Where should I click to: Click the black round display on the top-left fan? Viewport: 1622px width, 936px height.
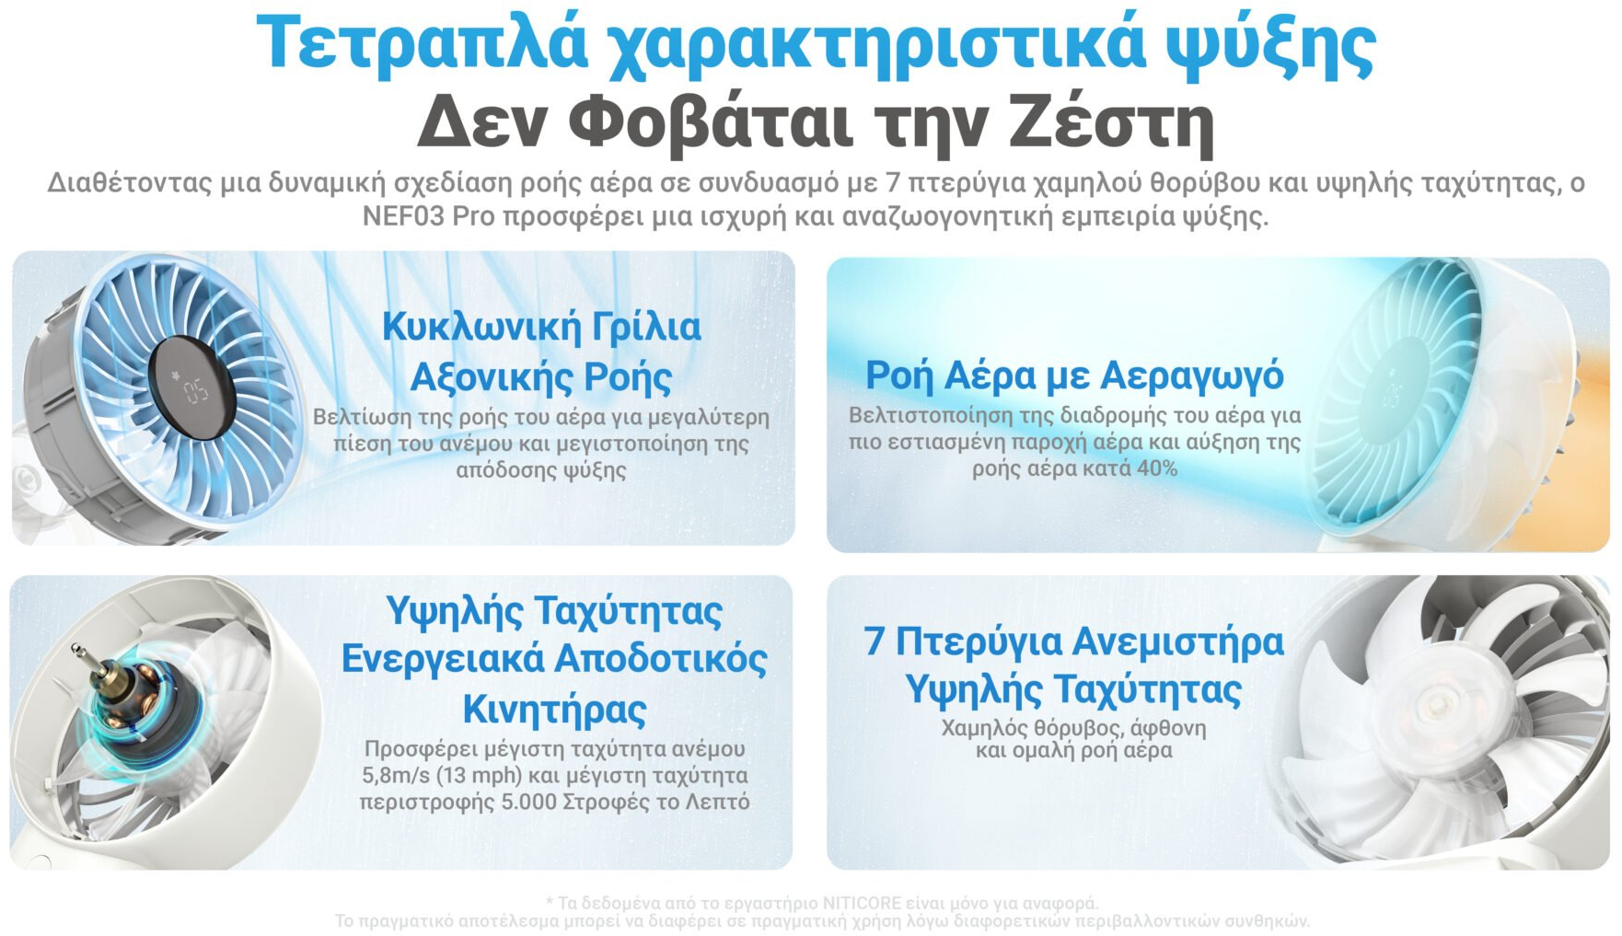point(191,387)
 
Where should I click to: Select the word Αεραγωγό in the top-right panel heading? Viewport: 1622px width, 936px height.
point(1191,376)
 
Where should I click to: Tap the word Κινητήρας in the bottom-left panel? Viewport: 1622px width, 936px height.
point(554,709)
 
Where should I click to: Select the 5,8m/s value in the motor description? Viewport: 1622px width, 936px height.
point(396,775)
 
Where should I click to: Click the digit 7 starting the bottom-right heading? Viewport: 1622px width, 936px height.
point(874,641)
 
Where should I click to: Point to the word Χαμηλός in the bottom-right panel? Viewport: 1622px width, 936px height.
point(984,728)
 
